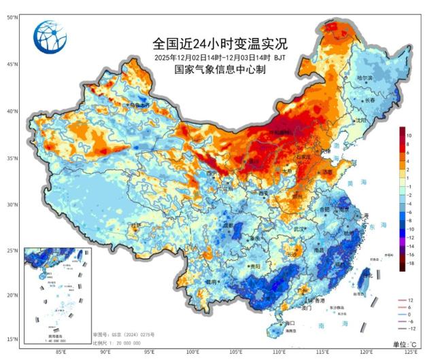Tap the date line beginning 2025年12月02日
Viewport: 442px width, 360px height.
(x=220, y=58)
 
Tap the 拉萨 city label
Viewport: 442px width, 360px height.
(x=137, y=224)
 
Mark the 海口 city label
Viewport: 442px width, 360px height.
(x=289, y=323)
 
